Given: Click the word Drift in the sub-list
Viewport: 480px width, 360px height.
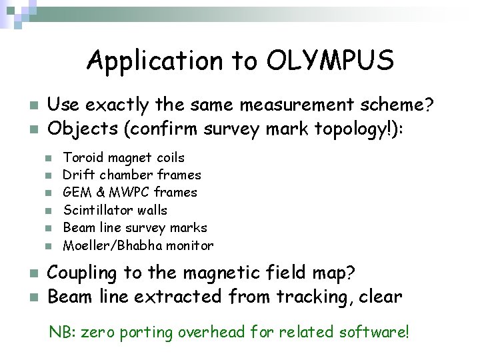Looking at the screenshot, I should tap(77, 175).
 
